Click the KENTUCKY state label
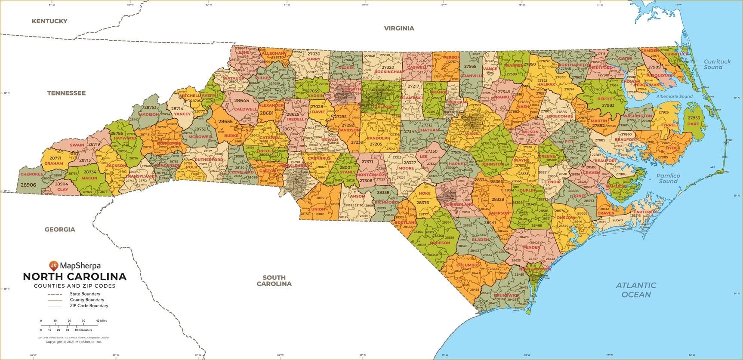point(49,21)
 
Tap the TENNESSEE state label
point(66,93)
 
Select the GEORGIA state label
point(60,230)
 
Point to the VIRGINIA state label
point(399,28)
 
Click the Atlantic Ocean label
point(636,290)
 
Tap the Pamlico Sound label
point(668,178)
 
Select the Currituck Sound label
point(717,65)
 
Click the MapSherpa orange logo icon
point(53,265)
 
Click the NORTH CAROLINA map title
point(74,276)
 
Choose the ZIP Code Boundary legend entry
point(89,306)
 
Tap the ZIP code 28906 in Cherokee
point(28,185)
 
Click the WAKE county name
point(471,134)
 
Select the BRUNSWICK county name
point(506,295)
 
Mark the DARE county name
point(693,124)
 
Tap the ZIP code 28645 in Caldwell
point(241,100)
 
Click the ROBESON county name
point(440,243)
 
